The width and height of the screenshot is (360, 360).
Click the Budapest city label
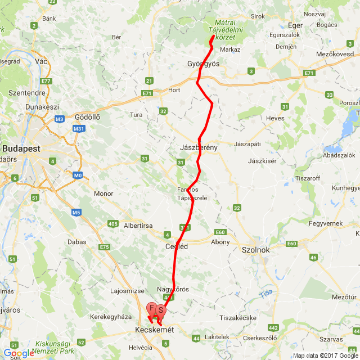tap(21, 148)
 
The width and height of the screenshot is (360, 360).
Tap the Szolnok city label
tap(255, 250)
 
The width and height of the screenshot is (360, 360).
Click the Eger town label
tap(295, 25)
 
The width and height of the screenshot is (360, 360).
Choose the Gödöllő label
tap(87, 117)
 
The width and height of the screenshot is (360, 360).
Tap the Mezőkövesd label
tap(337, 54)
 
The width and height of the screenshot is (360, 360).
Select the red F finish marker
tap(152, 308)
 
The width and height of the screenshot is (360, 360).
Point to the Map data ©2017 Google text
tap(326, 355)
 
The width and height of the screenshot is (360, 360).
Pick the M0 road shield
tap(78, 175)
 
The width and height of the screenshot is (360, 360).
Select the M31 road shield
tap(79, 129)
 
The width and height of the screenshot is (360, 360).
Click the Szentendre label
tap(26, 92)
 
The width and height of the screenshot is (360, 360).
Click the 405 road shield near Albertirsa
tap(112, 224)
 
